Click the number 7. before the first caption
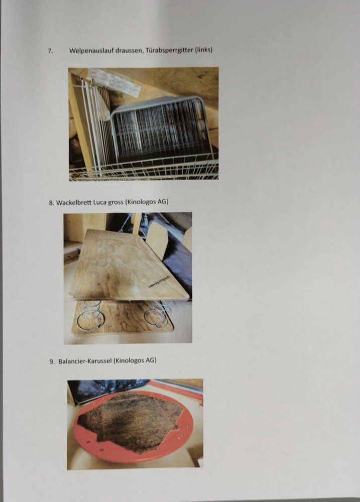[x=50, y=51]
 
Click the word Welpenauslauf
[x=90, y=51]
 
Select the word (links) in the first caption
[x=204, y=50]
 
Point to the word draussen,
[x=128, y=50]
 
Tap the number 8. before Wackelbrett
[x=52, y=203]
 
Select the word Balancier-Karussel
[x=85, y=361]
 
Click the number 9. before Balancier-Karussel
[x=52, y=361]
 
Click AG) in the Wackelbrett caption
[x=163, y=202]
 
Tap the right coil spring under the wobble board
[x=158, y=314]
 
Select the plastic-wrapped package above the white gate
[x=114, y=82]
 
